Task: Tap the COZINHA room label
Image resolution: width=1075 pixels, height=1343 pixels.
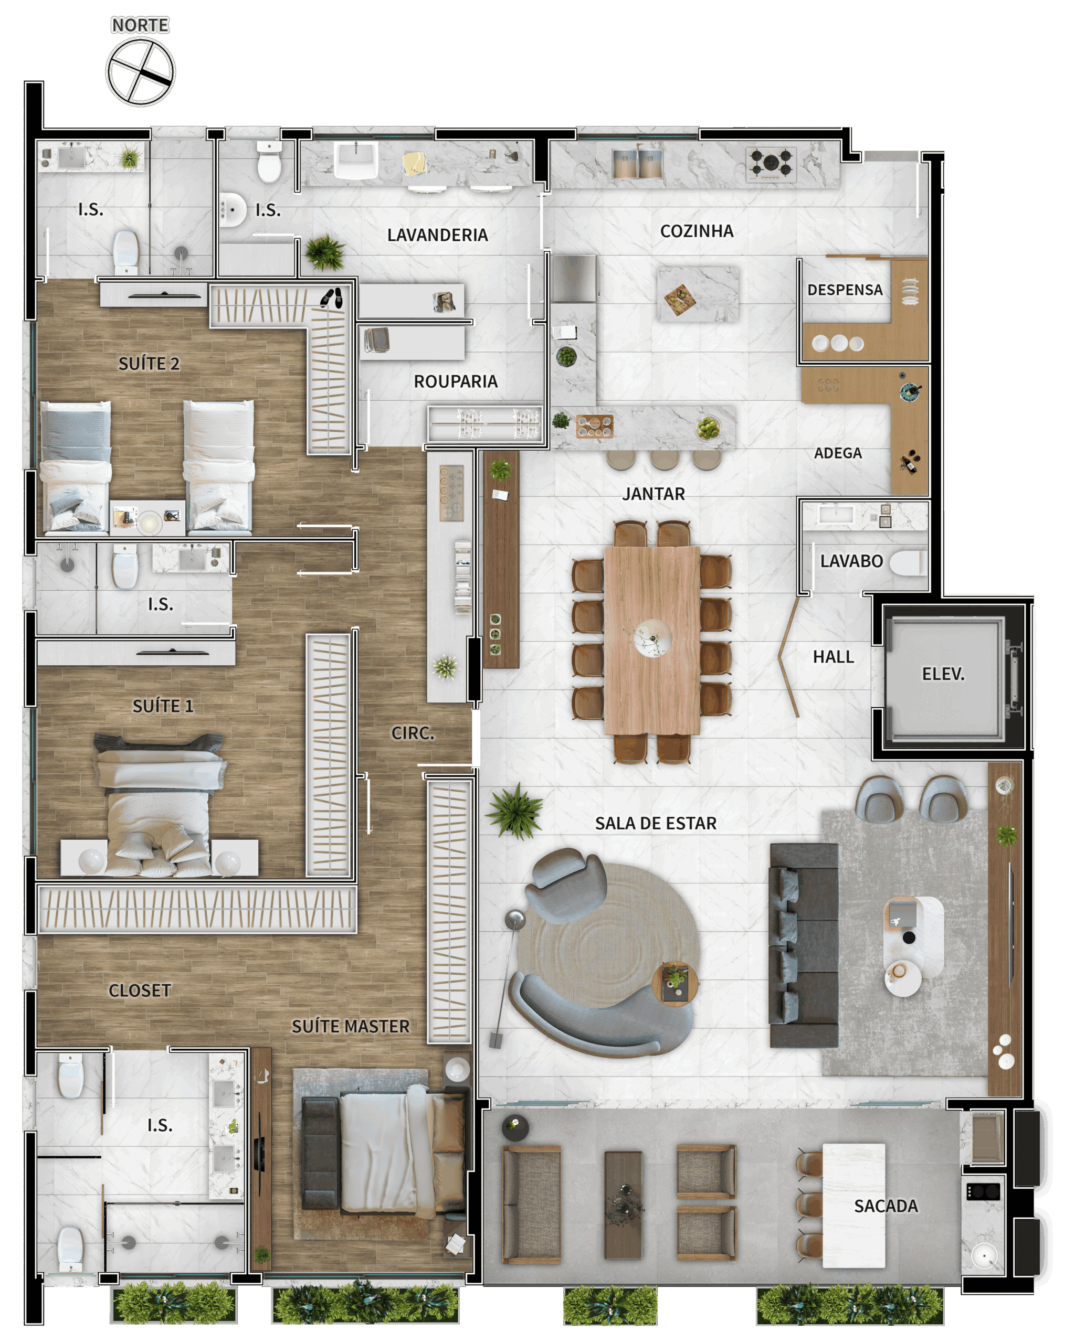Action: coord(697,231)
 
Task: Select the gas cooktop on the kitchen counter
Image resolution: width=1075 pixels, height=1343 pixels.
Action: coord(772,163)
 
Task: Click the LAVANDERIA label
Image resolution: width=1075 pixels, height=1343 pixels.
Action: coord(437,235)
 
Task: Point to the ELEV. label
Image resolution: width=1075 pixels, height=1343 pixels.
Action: coord(943,674)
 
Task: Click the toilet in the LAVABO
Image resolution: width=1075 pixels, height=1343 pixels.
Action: coord(908,562)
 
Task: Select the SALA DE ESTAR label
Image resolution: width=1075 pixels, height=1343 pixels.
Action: coord(656,824)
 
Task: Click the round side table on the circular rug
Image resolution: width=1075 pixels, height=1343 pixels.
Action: coord(674,984)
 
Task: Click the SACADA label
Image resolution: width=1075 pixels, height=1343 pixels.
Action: coord(886,1206)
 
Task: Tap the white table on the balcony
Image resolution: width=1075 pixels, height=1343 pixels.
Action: coord(854,1206)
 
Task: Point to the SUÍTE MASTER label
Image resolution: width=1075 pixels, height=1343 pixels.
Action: coord(350,1027)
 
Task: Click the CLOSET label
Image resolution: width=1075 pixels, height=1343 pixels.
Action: coord(140,990)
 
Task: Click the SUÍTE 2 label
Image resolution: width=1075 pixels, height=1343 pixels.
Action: coord(149,364)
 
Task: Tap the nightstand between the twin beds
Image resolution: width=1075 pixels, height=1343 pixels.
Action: coord(147,518)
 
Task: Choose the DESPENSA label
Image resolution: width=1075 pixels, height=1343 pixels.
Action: coord(845,290)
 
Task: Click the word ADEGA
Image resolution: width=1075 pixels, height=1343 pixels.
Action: coord(838,453)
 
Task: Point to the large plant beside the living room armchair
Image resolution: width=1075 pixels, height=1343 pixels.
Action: coord(515,811)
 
